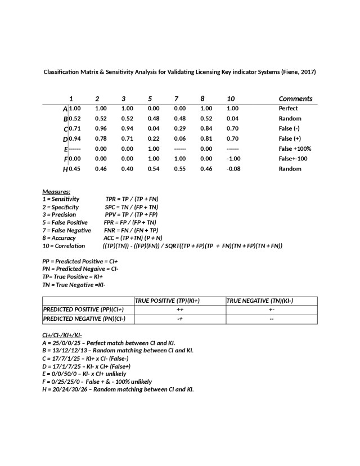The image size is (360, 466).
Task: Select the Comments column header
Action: coord(295,98)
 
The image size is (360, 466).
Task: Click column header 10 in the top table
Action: coord(231,98)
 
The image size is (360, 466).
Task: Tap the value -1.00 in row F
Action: coord(233,159)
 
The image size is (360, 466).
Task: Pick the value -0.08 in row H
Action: coord(233,169)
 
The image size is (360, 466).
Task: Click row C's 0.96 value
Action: coord(101,128)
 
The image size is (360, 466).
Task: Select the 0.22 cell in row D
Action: coord(154,138)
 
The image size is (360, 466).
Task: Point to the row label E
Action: coord(66,149)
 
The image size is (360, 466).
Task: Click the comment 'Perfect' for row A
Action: coord(288,108)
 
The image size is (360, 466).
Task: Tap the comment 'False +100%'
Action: coord(295,149)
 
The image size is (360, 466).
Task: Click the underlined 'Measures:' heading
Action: coord(56,192)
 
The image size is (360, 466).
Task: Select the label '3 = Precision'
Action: coord(59,214)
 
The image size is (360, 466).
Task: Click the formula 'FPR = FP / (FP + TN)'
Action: coord(130,222)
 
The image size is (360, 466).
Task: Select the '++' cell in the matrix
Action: coord(179,310)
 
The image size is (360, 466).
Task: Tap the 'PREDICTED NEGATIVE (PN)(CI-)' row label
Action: coord(84,319)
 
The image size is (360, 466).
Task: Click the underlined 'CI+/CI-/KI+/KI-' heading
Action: coord(62,335)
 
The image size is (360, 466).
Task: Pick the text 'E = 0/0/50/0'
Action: coord(62,374)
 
